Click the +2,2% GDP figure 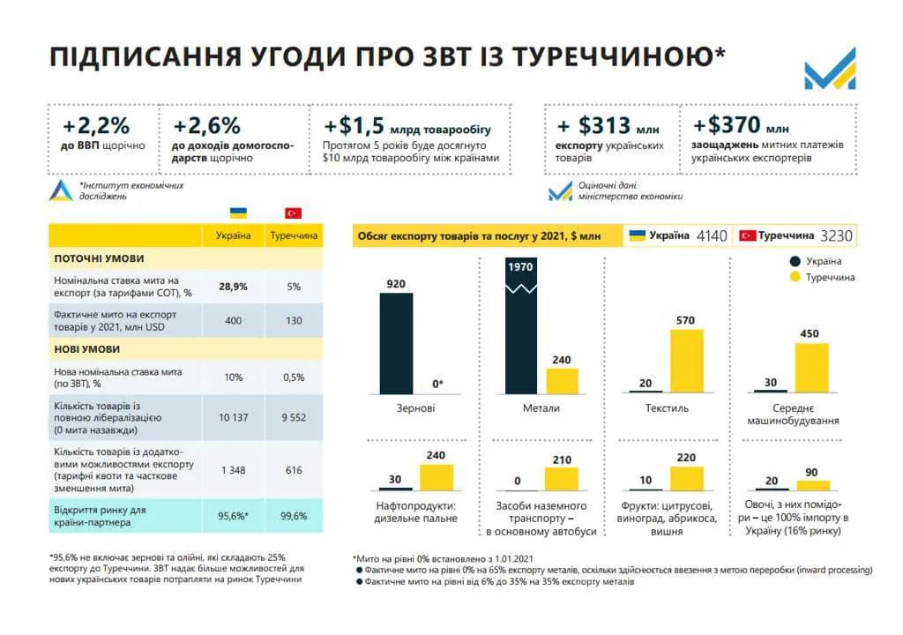tap(97, 125)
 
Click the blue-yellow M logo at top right tap(829, 68)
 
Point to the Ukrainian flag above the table tap(238, 213)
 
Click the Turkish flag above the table tap(293, 213)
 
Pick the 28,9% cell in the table tap(234, 288)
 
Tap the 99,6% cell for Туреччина tap(293, 515)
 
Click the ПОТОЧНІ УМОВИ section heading tap(100, 259)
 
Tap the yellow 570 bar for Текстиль tap(686, 361)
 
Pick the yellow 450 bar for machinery tap(811, 367)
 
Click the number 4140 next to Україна tap(711, 236)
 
